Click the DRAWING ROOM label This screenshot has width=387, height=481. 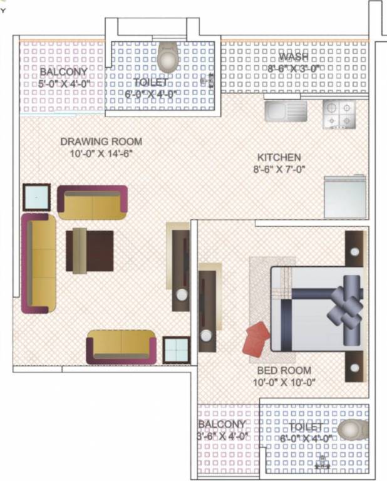click(x=101, y=141)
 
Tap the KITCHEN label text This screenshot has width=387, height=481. click(x=279, y=157)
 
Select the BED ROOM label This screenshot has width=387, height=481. click(x=278, y=371)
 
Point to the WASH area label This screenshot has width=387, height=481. click(x=294, y=58)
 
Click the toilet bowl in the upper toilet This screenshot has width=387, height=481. click(x=168, y=58)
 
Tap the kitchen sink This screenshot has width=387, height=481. click(x=286, y=111)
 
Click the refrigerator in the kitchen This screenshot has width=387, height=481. click(x=344, y=197)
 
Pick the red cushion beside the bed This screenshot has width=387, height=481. click(x=257, y=338)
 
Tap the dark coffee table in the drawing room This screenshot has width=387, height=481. click(x=90, y=251)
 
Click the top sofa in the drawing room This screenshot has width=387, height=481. click(x=93, y=202)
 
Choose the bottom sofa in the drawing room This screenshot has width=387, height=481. click(x=122, y=346)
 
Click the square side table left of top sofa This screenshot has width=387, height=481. click(x=37, y=198)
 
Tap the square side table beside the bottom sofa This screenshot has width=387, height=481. click(x=177, y=349)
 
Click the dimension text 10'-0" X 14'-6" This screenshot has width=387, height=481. click(x=101, y=153)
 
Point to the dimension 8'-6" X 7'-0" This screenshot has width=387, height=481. click(x=279, y=169)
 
